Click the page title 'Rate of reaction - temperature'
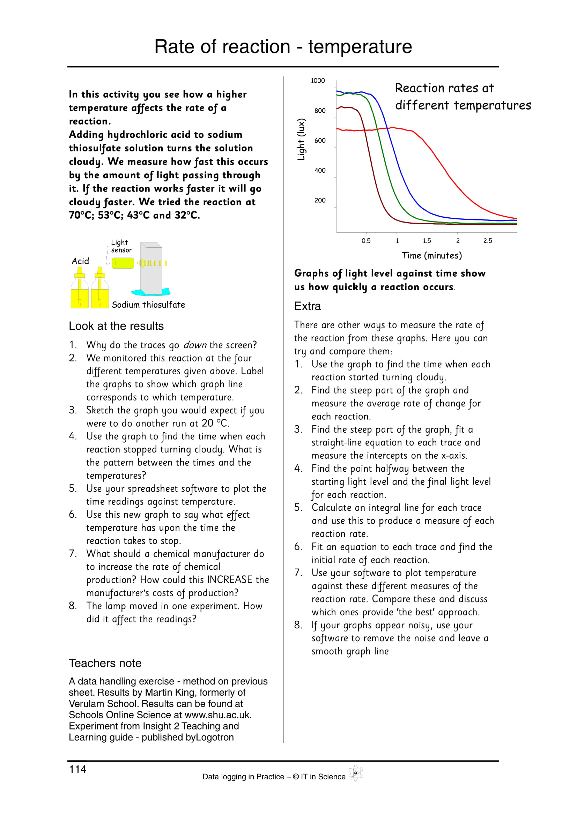(283, 46)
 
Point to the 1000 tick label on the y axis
(318, 81)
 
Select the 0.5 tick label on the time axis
(366, 241)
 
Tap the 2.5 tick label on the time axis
(487, 241)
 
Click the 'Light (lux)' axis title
(301, 139)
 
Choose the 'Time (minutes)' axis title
(431, 255)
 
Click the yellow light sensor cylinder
(123, 263)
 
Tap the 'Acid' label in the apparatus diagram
(80, 261)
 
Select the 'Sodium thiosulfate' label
(148, 305)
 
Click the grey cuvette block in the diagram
(151, 268)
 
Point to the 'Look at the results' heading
(116, 326)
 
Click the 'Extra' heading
(307, 306)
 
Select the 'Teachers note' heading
(105, 663)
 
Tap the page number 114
(77, 769)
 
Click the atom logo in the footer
(355, 773)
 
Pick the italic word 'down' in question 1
(194, 345)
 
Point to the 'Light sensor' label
(121, 246)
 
